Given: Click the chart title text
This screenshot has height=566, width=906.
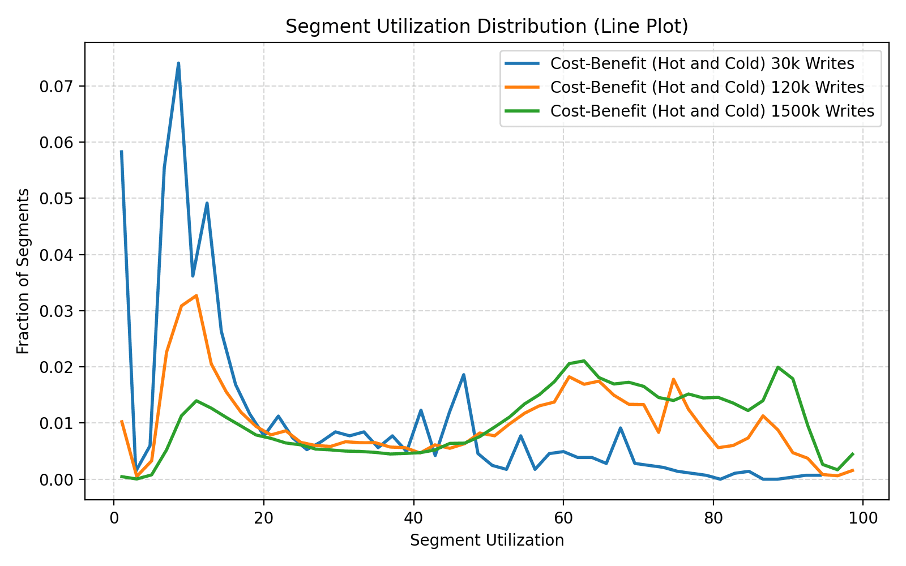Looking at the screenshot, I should coord(486,27).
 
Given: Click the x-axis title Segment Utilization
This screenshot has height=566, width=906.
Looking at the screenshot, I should coord(486,541).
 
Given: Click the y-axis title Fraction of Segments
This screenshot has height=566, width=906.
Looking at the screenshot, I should coord(23,271).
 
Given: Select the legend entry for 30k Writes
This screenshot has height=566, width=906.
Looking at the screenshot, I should coord(702,63).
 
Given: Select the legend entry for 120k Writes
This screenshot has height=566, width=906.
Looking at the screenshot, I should coord(707,87).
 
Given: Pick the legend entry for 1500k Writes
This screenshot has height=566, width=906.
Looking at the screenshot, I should coord(712,111).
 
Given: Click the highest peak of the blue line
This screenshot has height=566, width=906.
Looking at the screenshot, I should coord(178,63).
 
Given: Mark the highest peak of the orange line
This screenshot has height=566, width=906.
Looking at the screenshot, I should coord(196,295).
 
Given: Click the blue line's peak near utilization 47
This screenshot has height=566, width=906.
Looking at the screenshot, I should coord(463,375).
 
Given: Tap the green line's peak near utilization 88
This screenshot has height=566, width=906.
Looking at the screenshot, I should coord(778,367).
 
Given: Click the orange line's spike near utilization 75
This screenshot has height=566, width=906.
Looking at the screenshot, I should coord(673,379).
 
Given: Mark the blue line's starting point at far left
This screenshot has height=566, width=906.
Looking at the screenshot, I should coord(121,152).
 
